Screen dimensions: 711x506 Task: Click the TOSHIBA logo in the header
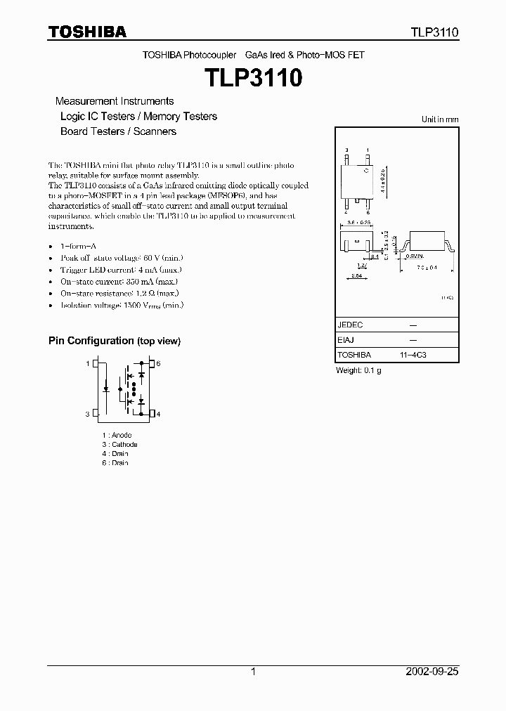[x=87, y=32]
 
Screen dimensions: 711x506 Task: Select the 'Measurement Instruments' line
[x=115, y=101]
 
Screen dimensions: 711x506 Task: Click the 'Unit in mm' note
[x=440, y=119]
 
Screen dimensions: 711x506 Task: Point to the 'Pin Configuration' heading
[x=114, y=341]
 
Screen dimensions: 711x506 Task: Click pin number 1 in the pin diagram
[x=88, y=364]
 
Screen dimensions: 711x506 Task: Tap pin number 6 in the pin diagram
[x=158, y=364]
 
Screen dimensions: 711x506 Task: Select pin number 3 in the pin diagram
[x=88, y=415]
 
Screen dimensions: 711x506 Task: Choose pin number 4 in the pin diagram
[x=158, y=415]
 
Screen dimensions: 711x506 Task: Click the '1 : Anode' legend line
[x=117, y=436]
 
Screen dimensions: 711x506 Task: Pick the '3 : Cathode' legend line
[x=119, y=445]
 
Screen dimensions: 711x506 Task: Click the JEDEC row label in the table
[x=350, y=325]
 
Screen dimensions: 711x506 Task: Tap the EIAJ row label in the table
[x=346, y=341]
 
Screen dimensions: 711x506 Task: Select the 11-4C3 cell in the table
[x=412, y=355]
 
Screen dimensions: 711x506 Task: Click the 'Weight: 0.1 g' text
[x=358, y=370]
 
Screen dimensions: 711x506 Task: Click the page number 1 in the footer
[x=253, y=672]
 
